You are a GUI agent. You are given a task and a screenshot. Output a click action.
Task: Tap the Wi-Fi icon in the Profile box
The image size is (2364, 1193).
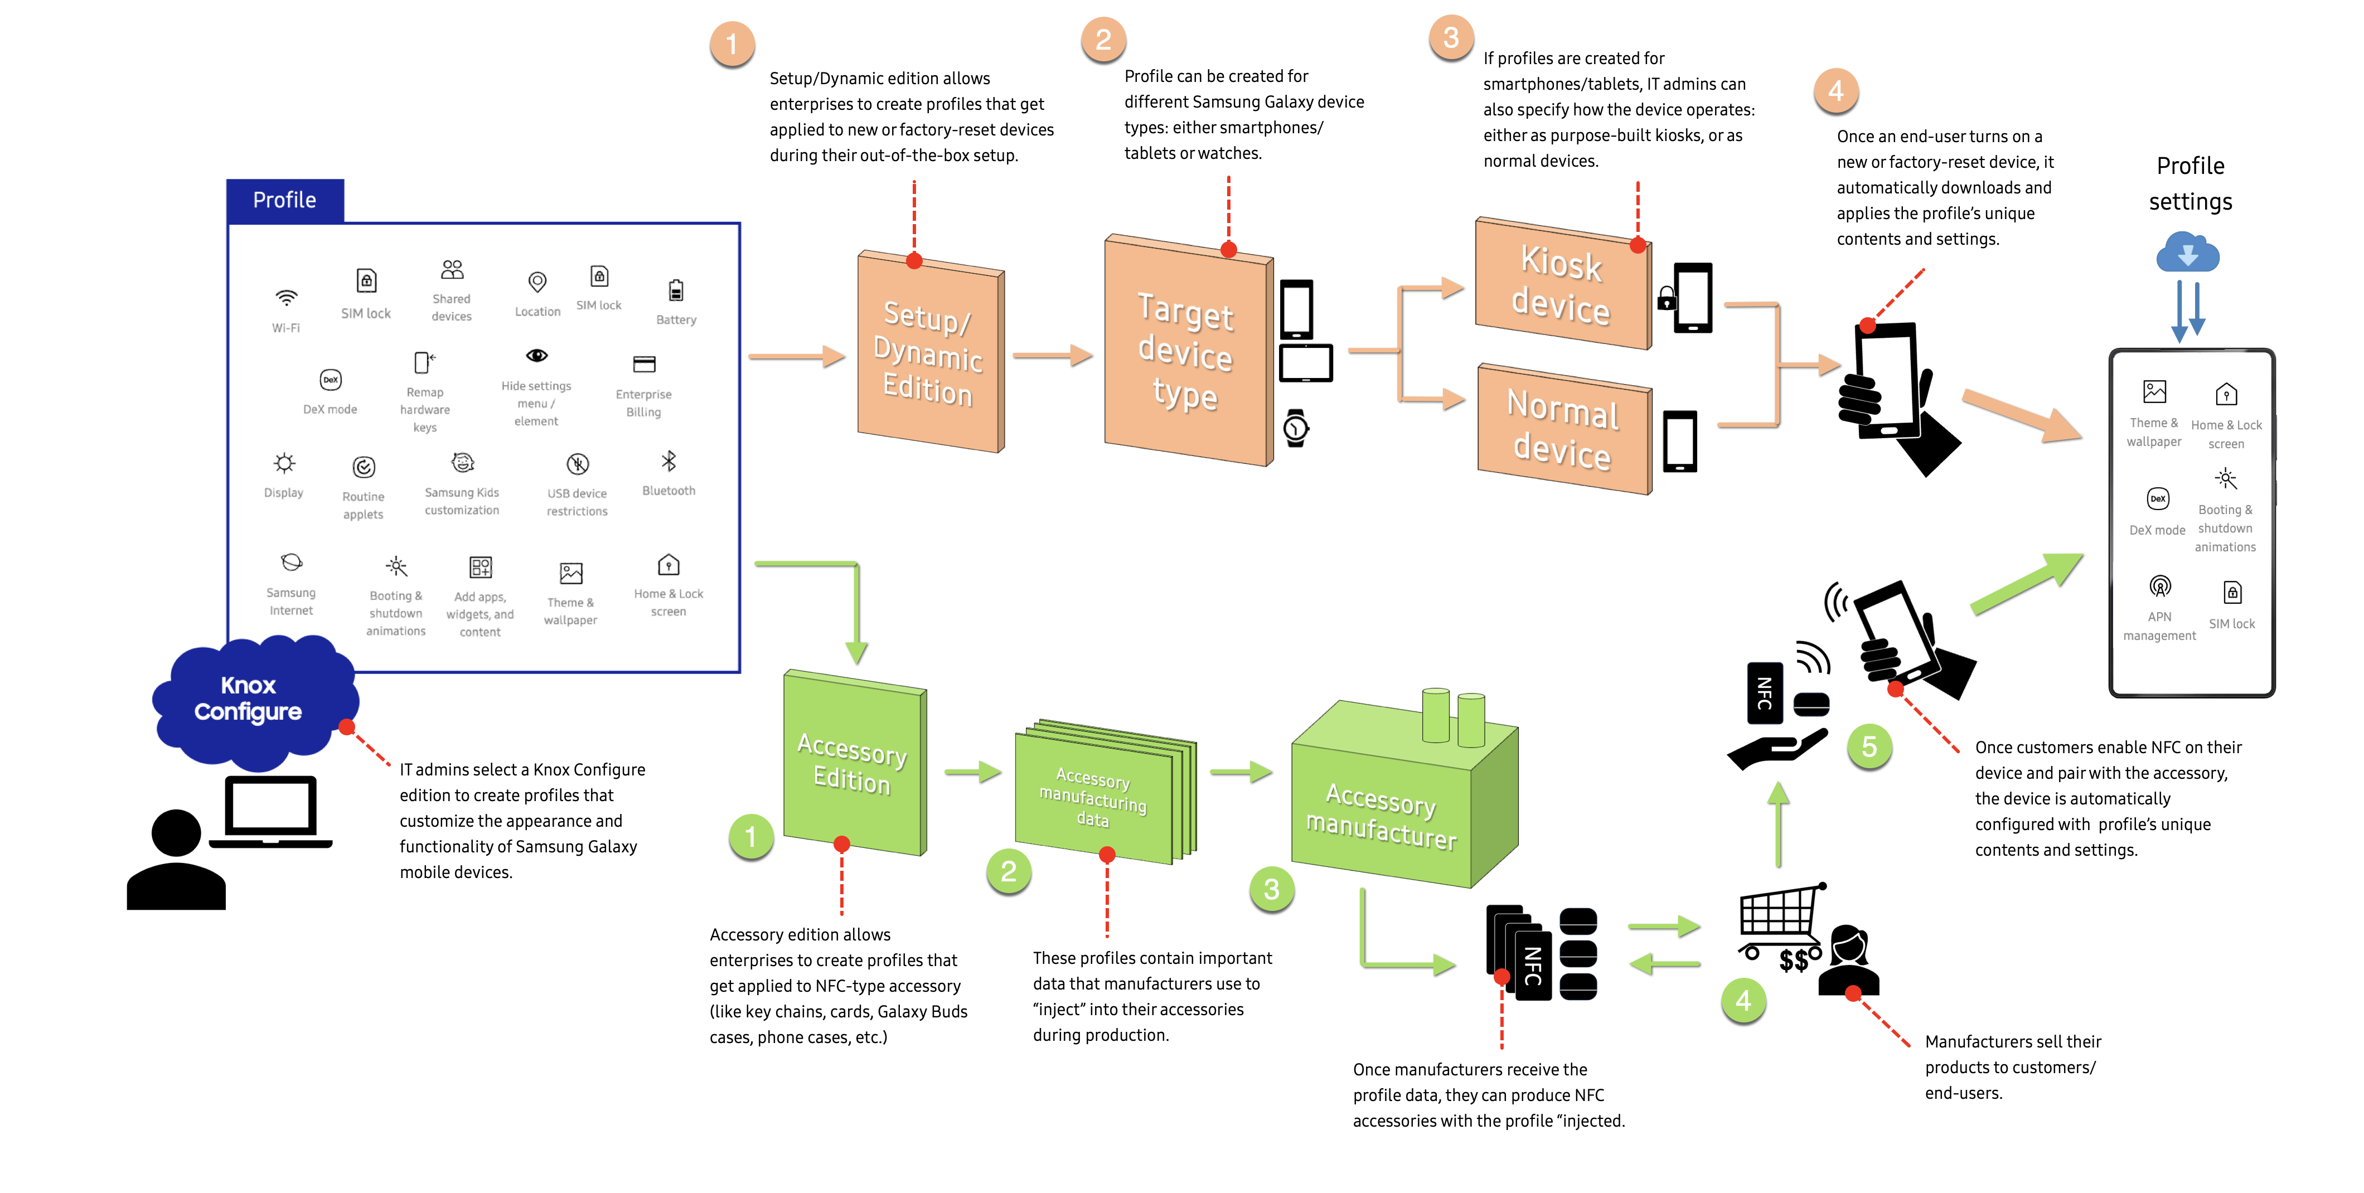point(287,298)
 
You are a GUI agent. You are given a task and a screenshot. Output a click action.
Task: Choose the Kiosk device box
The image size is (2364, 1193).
point(1561,284)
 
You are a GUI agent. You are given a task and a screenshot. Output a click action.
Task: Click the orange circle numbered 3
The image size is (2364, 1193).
point(1451,38)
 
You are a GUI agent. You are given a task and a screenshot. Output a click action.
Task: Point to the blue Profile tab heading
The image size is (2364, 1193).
point(284,200)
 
